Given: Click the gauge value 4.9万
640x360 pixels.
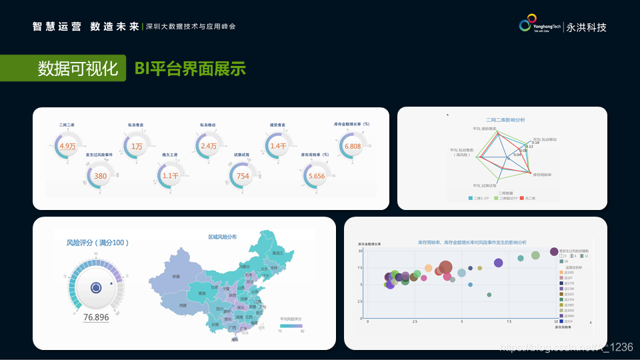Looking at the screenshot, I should (68, 146).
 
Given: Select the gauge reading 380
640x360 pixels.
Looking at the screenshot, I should (101, 176).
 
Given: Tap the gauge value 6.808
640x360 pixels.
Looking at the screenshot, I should (353, 146).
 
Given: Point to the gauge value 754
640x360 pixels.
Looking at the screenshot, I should (243, 176).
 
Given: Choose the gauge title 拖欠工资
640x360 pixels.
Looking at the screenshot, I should (171, 155).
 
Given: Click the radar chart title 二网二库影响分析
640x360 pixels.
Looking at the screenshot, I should (505, 120).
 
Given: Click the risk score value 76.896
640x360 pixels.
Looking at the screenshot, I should (96, 317).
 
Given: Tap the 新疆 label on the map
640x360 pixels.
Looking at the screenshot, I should (176, 276).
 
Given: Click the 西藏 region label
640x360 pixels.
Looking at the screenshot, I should (183, 305).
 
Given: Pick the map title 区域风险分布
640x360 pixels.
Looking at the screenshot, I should (222, 237).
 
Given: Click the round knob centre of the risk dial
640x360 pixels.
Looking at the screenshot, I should (96, 288).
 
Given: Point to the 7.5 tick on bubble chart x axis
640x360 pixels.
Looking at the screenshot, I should (509, 321).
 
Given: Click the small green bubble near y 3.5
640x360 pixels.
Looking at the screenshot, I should (489, 295).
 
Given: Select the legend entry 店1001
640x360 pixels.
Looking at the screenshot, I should (567, 272).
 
